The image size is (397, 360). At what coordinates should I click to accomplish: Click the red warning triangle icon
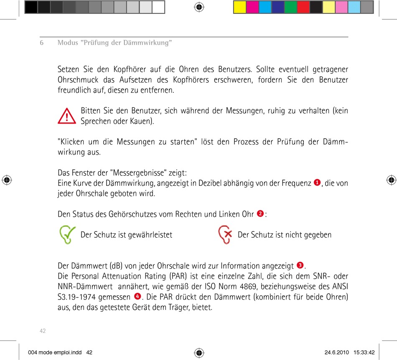[67, 116]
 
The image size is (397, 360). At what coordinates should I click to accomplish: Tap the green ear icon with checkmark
[66, 235]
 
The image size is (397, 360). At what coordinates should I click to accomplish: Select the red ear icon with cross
[225, 235]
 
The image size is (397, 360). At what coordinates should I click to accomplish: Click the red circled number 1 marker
[317, 183]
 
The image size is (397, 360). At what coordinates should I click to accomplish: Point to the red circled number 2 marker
[260, 214]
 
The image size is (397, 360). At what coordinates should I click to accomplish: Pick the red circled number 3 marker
[300, 265]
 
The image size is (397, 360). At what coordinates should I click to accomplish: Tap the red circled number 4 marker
[137, 297]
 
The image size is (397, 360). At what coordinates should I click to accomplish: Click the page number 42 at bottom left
[42, 331]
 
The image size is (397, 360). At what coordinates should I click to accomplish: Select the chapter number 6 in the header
[42, 43]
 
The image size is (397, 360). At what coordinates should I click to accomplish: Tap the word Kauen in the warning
[142, 122]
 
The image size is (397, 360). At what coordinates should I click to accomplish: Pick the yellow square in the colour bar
[240, 7]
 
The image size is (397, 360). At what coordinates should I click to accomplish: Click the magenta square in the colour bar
[252, 7]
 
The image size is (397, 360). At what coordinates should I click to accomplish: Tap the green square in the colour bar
[290, 7]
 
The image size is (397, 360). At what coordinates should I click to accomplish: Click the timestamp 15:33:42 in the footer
[364, 352]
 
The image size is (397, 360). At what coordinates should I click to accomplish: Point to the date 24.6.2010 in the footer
[336, 352]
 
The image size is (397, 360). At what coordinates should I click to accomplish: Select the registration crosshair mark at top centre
[199, 7]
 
